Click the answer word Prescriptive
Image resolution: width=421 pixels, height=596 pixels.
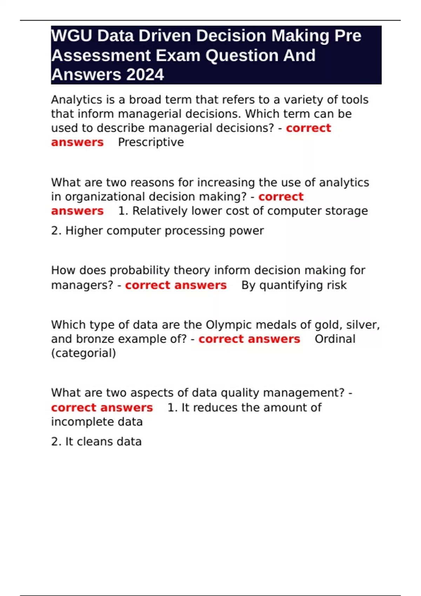[x=151, y=142]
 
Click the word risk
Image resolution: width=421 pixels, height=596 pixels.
[x=337, y=285]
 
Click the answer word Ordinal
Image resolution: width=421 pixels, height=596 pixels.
[x=335, y=339]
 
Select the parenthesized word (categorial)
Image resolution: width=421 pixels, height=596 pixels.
[x=83, y=353]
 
